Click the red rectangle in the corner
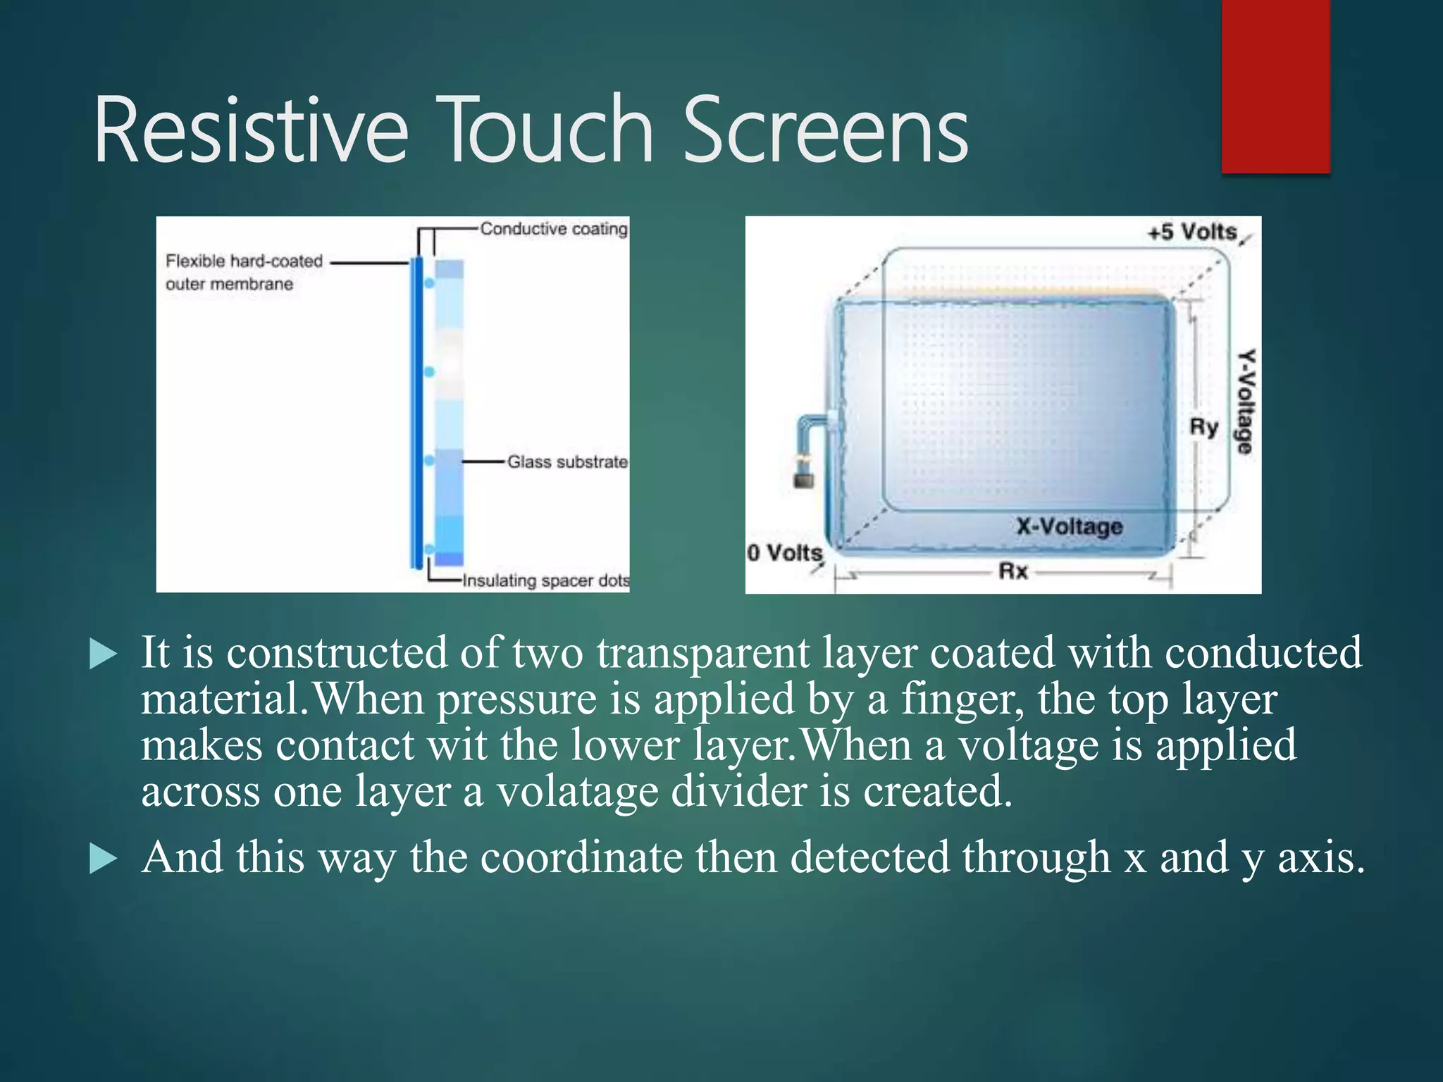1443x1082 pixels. [x=1275, y=86]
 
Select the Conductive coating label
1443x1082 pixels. [x=554, y=229]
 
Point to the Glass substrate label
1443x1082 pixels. [x=567, y=462]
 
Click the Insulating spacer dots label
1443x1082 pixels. [x=545, y=580]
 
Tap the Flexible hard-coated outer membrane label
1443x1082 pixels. [x=244, y=273]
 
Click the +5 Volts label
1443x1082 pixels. [x=1192, y=232]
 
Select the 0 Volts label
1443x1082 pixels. [x=784, y=553]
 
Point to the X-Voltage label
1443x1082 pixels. [x=1069, y=526]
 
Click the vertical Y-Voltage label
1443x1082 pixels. [x=1246, y=402]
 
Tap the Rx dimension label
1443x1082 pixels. [x=1013, y=571]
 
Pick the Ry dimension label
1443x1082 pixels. [x=1203, y=427]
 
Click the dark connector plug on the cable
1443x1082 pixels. [x=804, y=480]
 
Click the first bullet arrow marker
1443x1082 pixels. [x=104, y=654]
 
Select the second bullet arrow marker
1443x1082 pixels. [x=104, y=859]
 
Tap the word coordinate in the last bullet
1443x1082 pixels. [x=581, y=858]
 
